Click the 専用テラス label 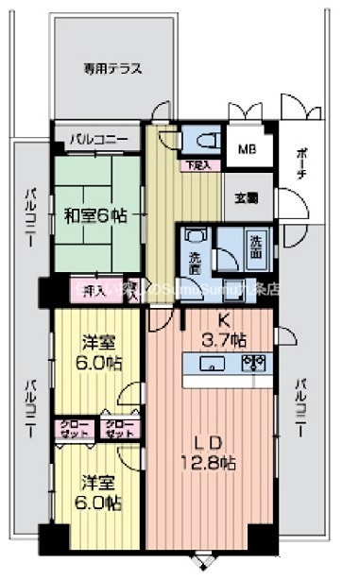(x=100, y=68)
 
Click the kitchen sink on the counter (x=214, y=363)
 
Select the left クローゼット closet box (x=74, y=428)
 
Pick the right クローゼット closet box (x=119, y=428)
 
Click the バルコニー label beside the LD (x=300, y=407)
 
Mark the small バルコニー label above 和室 (x=97, y=140)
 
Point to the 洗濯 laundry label (x=195, y=255)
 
